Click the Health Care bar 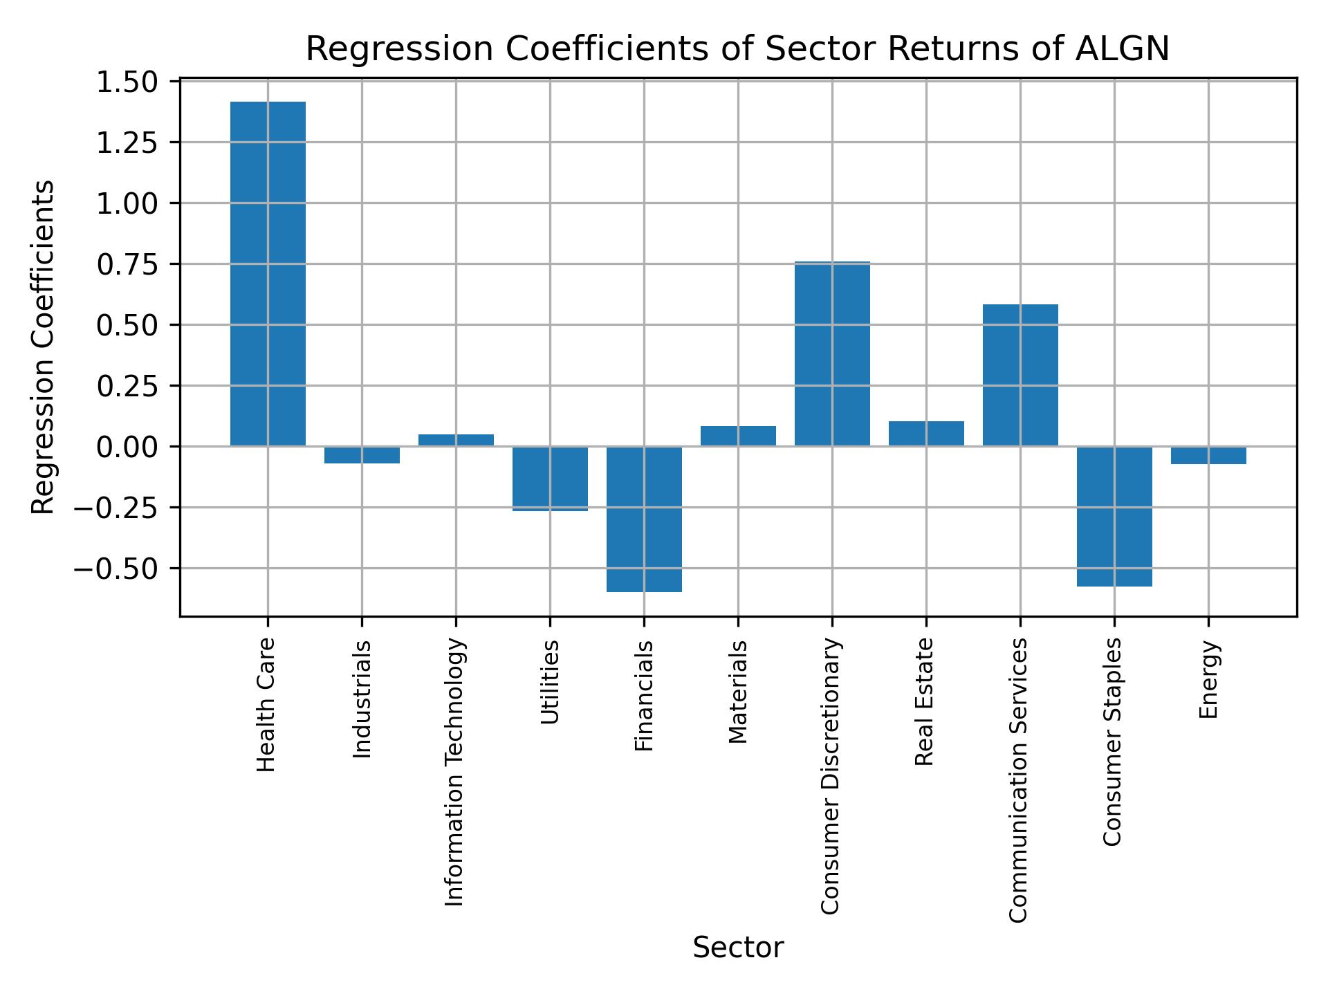[268, 273]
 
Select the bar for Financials [644, 519]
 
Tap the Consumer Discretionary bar [832, 353]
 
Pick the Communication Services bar [1020, 375]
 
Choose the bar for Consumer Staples [1114, 516]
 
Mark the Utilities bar [550, 479]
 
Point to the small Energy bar [1208, 455]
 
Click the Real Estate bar [926, 434]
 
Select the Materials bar [738, 436]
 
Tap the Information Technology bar [456, 440]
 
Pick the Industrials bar [362, 454]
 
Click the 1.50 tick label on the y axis [128, 82]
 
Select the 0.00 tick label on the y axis [128, 447]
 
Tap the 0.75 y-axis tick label [128, 264]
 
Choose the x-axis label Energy [1208, 680]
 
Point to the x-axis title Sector [738, 948]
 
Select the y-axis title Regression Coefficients [43, 347]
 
